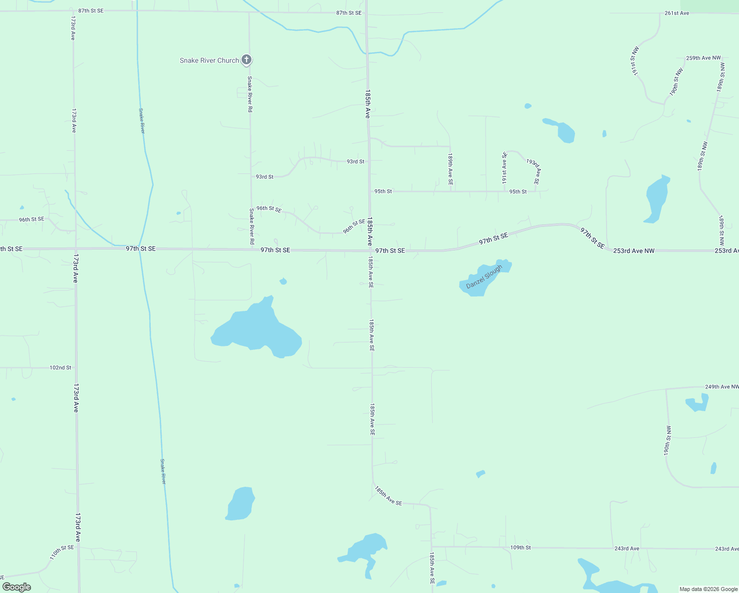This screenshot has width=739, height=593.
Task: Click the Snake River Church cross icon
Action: [x=246, y=60]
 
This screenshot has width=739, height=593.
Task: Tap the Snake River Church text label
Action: [x=209, y=60]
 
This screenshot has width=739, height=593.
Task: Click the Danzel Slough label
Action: [x=484, y=277]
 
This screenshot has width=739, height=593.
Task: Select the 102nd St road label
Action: [x=60, y=368]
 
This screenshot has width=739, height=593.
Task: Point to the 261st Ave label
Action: [x=677, y=13]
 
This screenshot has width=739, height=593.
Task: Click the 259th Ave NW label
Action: [x=703, y=58]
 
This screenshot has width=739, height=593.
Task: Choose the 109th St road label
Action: [x=520, y=548]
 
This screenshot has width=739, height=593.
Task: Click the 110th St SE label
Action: [x=62, y=552]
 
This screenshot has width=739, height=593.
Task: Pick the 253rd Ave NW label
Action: [x=634, y=251]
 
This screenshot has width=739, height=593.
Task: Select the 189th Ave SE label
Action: [x=451, y=169]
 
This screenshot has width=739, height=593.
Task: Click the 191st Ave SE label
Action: [x=504, y=168]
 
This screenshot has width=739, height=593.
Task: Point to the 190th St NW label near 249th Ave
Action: [x=668, y=440]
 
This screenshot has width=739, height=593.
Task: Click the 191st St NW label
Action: [x=634, y=61]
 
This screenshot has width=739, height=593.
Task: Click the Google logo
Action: [x=17, y=587]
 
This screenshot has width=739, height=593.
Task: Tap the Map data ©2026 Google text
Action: [x=708, y=589]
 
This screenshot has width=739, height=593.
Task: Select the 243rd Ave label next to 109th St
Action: [x=627, y=549]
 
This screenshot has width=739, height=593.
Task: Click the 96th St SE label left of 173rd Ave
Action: [x=32, y=219]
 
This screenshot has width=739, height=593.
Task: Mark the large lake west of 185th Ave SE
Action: [x=257, y=329]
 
